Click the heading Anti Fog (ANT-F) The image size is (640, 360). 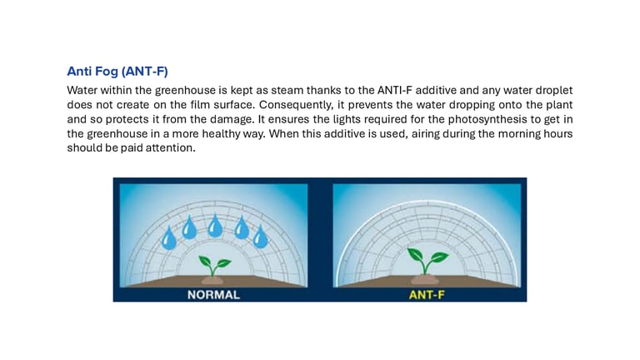point(117,72)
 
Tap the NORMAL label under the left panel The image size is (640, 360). point(213,295)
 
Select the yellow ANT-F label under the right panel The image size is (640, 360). point(427,295)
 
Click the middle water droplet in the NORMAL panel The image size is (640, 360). point(215,226)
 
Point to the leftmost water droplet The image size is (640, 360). point(168,238)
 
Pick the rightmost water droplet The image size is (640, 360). point(260,237)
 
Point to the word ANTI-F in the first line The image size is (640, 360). point(395,90)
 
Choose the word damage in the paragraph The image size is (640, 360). point(232,120)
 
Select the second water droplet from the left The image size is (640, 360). point(189,227)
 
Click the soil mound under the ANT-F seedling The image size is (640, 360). point(425,280)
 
